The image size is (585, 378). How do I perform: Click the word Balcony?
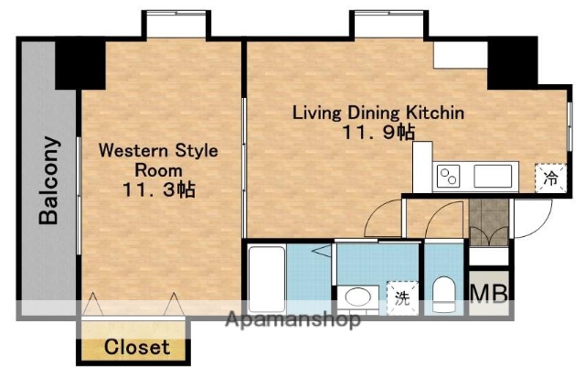49,180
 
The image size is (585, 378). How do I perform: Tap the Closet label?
136,348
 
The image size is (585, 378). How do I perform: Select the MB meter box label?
490,293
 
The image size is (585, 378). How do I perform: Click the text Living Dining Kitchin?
378,113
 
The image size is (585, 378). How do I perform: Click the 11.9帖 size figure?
378,134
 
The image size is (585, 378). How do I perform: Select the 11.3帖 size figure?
158,190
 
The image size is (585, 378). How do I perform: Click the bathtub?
265,278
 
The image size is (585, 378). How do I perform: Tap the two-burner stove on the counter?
449,175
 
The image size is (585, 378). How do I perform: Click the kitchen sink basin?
494,175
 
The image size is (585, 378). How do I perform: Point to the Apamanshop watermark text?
292,320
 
